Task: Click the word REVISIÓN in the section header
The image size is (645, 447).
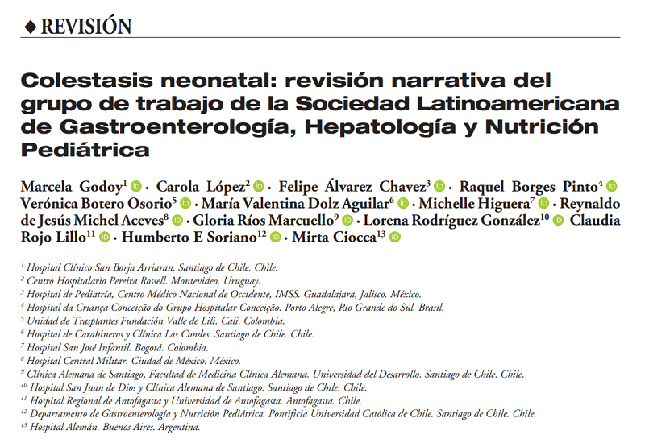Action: [x=86, y=26]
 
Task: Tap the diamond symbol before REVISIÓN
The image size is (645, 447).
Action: [x=30, y=27]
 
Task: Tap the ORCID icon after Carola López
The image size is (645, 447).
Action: [x=260, y=187]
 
